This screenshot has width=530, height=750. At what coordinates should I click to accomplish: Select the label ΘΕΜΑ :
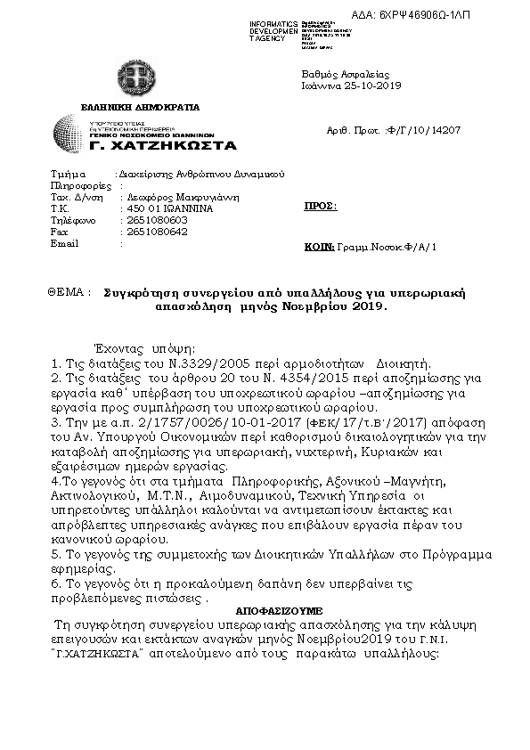pyautogui.click(x=70, y=292)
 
